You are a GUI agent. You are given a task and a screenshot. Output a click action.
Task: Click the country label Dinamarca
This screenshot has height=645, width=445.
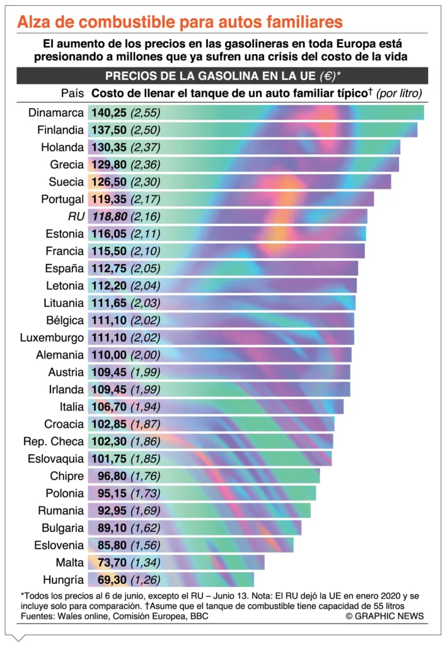[56, 113]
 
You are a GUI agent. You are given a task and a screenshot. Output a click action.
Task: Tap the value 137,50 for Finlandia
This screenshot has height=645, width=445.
[109, 130]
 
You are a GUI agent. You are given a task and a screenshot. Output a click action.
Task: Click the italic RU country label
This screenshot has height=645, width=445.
[75, 217]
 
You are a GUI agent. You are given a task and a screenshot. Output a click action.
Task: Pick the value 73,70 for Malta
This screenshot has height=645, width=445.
[112, 562]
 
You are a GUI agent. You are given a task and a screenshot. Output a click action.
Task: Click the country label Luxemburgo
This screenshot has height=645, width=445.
[52, 338]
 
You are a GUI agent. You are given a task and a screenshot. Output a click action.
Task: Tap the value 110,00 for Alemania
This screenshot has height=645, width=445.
[109, 355]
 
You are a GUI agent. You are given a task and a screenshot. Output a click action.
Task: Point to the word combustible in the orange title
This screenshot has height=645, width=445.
[126, 23]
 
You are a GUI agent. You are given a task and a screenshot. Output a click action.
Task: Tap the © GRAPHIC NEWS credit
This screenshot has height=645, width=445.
[384, 616]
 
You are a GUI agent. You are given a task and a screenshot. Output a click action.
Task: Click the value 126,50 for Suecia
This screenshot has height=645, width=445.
[109, 182]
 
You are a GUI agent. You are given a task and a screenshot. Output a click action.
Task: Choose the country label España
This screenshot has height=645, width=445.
[64, 269]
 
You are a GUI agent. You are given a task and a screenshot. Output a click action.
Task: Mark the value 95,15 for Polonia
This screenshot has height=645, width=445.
[112, 493]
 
